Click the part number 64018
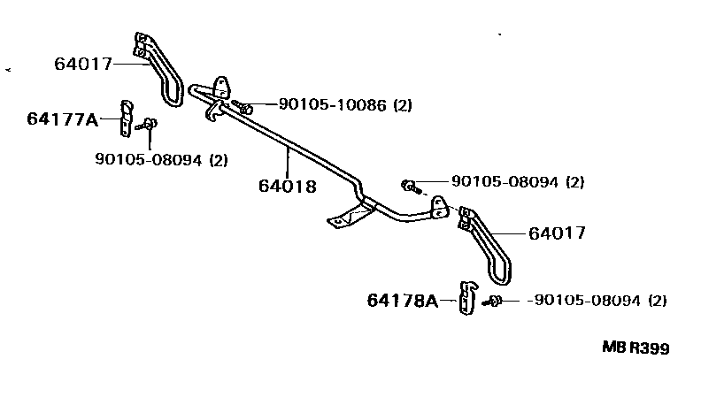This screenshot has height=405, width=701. tap(288, 187)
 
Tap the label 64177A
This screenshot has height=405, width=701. tap(63, 119)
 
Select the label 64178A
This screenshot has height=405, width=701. tap(403, 301)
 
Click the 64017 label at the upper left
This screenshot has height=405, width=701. tap(83, 64)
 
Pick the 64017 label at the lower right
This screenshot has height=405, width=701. tap(557, 233)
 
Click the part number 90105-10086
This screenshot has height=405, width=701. tap(333, 105)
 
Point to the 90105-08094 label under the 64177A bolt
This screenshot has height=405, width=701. tap(149, 159)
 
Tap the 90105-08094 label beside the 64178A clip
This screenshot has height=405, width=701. tap(588, 301)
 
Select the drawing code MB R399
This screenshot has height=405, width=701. tap(636, 348)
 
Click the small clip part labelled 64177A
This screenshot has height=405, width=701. tap(127, 118)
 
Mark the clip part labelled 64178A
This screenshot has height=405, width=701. tap(467, 298)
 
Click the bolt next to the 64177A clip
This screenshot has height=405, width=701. tap(147, 124)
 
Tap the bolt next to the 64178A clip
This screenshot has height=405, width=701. tap(492, 302)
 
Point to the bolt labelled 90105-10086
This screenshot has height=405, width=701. tap(242, 107)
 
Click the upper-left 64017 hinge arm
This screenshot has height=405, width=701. tap(160, 69)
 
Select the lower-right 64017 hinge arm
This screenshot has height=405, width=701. tap(486, 245)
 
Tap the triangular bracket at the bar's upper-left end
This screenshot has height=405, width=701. tap(221, 88)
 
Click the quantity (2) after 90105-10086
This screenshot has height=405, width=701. tap(403, 105)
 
